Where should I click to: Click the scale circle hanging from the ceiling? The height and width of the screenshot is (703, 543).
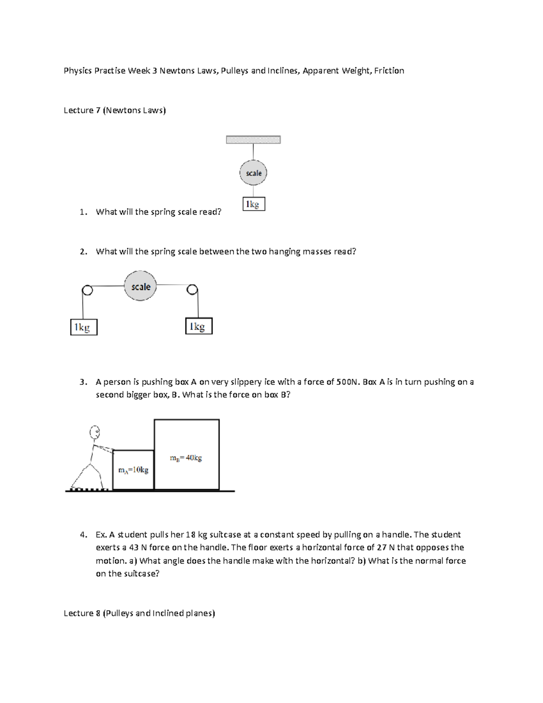coord(253,173)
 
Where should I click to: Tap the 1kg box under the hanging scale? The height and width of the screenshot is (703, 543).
coord(253,205)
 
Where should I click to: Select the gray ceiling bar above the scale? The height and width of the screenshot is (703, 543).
coord(253,140)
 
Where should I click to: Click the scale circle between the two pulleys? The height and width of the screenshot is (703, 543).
coord(140,286)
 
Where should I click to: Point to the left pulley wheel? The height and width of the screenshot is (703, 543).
coord(87,290)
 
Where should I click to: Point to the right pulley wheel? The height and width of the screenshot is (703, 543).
coord(192,289)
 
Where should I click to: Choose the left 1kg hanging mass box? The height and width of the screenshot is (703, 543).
coord(84,327)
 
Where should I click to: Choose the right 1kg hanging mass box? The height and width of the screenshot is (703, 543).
coord(199,326)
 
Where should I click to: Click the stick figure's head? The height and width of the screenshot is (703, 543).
coord(95,433)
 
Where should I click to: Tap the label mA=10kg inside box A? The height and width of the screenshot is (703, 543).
coord(133,470)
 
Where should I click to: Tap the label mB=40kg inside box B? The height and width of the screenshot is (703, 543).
coord(186,458)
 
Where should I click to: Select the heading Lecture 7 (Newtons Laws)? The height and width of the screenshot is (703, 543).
coord(114,110)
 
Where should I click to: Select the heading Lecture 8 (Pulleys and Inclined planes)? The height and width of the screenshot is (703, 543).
coord(139,613)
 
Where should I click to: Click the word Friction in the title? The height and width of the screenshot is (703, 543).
coord(389,71)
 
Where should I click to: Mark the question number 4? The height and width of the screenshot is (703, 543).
coord(82,535)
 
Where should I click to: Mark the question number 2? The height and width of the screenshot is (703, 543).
coord(82,252)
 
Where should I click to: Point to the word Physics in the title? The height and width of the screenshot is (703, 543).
coord(77,71)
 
